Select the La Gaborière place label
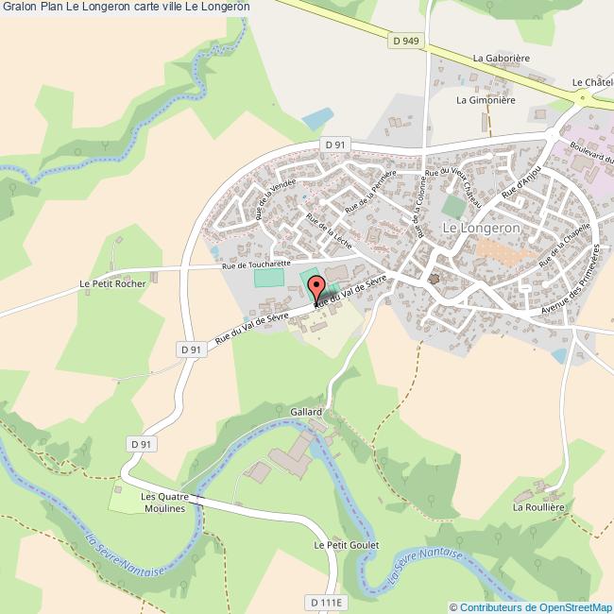pyautogui.click(x=502, y=58)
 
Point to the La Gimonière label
pyautogui.click(x=486, y=99)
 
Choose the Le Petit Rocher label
pyautogui.click(x=113, y=282)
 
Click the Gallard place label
pyautogui.click(x=306, y=413)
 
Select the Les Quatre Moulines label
pyautogui.click(x=165, y=502)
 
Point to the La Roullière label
pyautogui.click(x=537, y=506)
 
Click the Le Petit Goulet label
pyautogui.click(x=345, y=545)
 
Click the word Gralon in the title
pyautogui.click(x=19, y=7)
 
